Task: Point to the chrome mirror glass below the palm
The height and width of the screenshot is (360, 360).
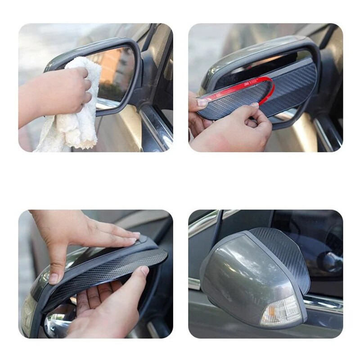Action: click(58, 322)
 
